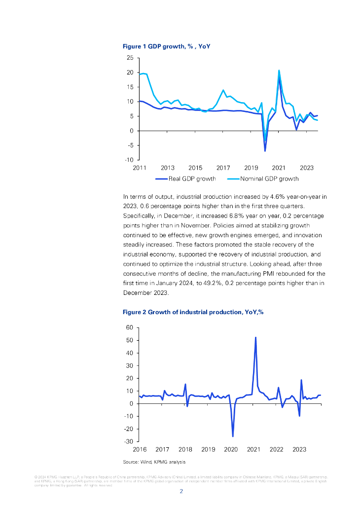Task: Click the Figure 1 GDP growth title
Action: (167, 46)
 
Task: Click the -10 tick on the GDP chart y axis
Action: (128, 160)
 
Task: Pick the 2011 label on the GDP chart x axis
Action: (140, 168)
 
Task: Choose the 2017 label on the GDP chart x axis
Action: (223, 168)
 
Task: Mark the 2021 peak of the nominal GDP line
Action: (279, 71)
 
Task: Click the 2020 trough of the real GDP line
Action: (265, 150)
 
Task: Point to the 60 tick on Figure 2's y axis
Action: (130, 327)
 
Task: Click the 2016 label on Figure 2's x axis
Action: (140, 449)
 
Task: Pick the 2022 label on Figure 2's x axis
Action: (276, 449)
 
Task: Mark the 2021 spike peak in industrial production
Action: (255, 337)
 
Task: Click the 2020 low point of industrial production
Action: (233, 436)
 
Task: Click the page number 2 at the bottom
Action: (180, 491)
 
